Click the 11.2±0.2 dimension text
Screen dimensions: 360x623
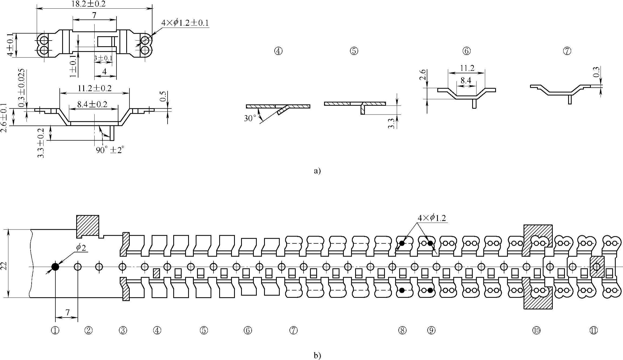94,88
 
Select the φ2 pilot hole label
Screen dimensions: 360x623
81,248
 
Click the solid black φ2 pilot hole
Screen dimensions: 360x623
55,267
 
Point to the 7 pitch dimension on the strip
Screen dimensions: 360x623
67,312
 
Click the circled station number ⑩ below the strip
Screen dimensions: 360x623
537,330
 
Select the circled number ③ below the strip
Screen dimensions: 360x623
123,330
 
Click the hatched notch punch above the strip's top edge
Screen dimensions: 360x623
88,226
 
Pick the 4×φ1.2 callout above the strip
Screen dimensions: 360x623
432,218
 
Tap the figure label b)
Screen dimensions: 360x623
317,355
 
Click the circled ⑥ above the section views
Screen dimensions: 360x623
467,51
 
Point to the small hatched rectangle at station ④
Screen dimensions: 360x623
156,273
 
